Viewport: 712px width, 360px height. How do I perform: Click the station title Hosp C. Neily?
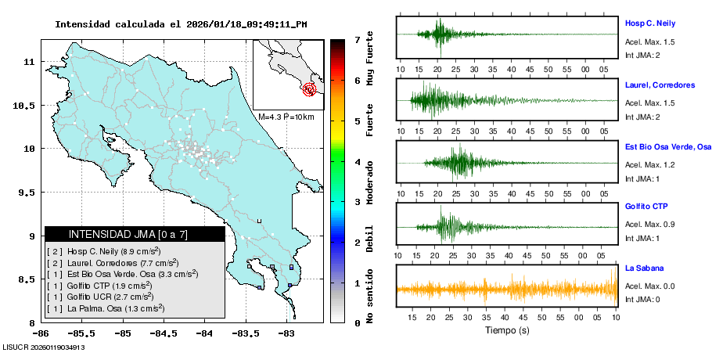pyautogui.click(x=649, y=23)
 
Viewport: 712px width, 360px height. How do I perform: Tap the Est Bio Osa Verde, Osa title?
pyautogui.click(x=668, y=146)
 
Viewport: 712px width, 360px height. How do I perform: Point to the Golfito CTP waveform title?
pyautogui.click(x=645, y=207)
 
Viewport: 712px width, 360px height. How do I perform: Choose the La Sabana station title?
pyautogui.click(x=642, y=268)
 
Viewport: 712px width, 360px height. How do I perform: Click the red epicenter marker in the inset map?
pyautogui.click(x=310, y=89)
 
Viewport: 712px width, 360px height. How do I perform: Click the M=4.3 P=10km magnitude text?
pyautogui.click(x=286, y=117)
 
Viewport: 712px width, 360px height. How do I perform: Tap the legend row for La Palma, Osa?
pyautogui.click(x=106, y=309)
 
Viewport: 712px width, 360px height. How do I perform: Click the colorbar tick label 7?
pyautogui.click(x=357, y=39)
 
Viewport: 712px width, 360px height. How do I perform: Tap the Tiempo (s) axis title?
pyautogui.click(x=507, y=330)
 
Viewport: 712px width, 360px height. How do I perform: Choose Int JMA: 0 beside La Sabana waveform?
pyautogui.click(x=642, y=300)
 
